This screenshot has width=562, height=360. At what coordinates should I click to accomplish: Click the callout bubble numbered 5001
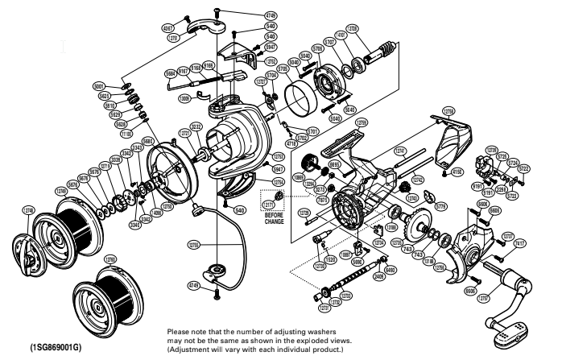tap(121, 85)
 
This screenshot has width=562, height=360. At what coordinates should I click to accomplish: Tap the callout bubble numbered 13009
tap(184, 97)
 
